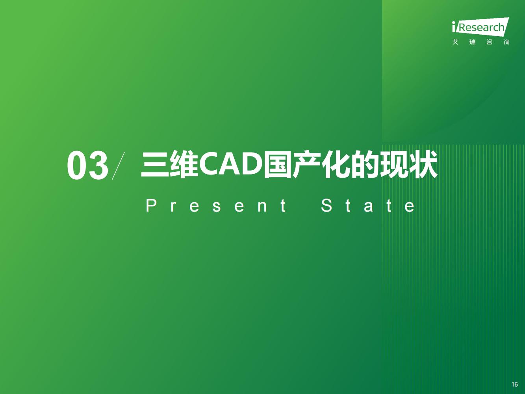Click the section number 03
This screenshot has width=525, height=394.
pos(87,165)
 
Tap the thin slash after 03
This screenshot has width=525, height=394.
pos(119,166)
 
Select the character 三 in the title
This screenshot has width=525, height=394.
pos(155,165)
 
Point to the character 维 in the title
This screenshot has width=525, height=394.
pos(184,165)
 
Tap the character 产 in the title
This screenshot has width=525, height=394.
pos(307,165)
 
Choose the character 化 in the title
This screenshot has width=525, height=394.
pos(336,165)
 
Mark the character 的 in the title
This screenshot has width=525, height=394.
pos(365,165)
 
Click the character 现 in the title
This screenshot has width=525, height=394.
pos(394,165)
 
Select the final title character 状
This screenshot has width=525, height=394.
pos(423,165)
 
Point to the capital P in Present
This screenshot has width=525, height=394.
pos(151,206)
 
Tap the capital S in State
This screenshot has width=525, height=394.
pos(327,206)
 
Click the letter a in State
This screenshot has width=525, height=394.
pos(368,207)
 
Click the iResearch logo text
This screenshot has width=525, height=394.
pos(481,27)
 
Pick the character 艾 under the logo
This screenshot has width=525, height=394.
pos(455,42)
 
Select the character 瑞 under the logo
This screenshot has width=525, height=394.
pos(472,42)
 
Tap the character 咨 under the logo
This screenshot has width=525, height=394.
pos(490,42)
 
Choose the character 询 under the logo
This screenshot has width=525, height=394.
pos(506,42)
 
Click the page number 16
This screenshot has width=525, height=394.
pos(515,385)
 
